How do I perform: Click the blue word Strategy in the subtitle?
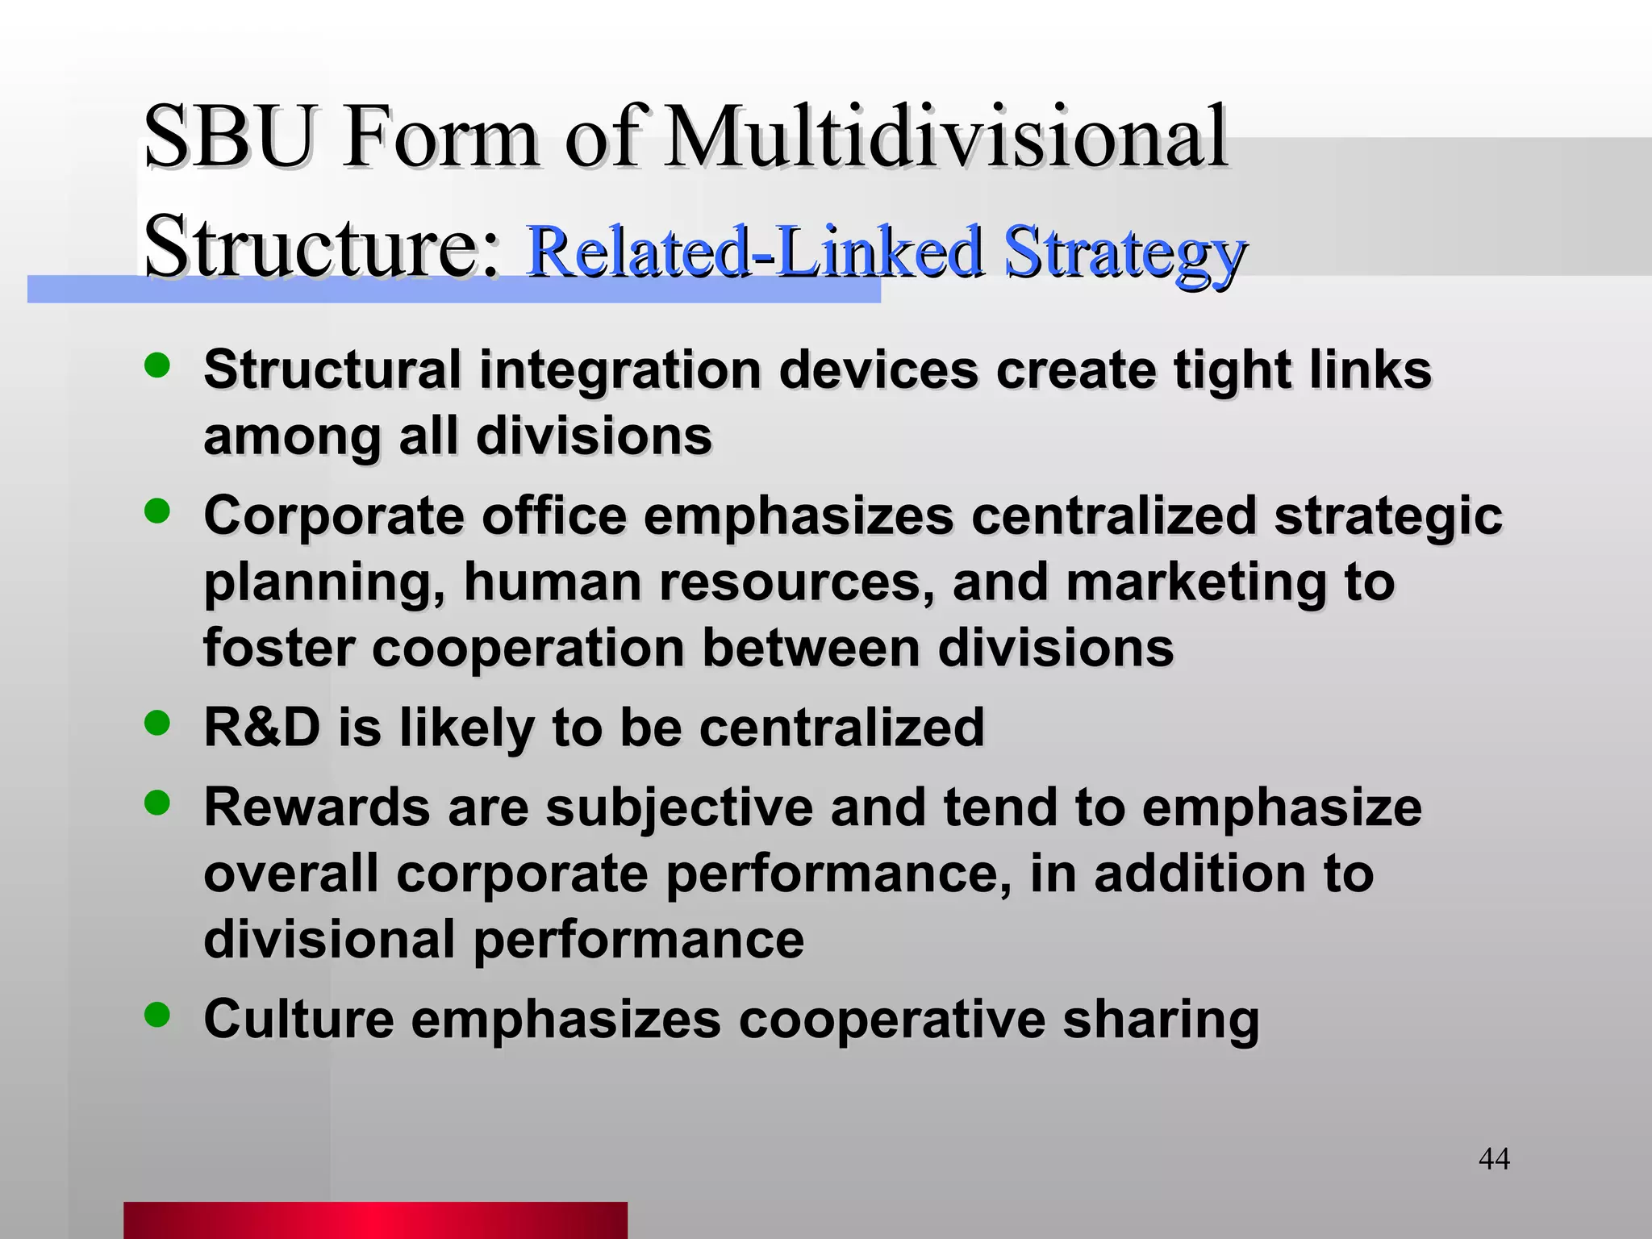1124,252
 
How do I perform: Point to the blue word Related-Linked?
753,252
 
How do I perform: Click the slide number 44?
1494,1159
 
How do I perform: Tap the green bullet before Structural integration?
157,365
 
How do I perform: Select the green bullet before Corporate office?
157,511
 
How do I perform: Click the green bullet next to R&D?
157,723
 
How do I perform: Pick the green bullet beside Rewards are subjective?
157,803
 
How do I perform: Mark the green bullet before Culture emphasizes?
157,1014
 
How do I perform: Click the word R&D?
262,728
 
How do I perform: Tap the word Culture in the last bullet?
298,1019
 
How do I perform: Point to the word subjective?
679,807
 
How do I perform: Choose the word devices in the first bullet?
878,370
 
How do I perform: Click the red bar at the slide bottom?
375,1220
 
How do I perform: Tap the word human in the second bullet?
553,582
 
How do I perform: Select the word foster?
278,648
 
